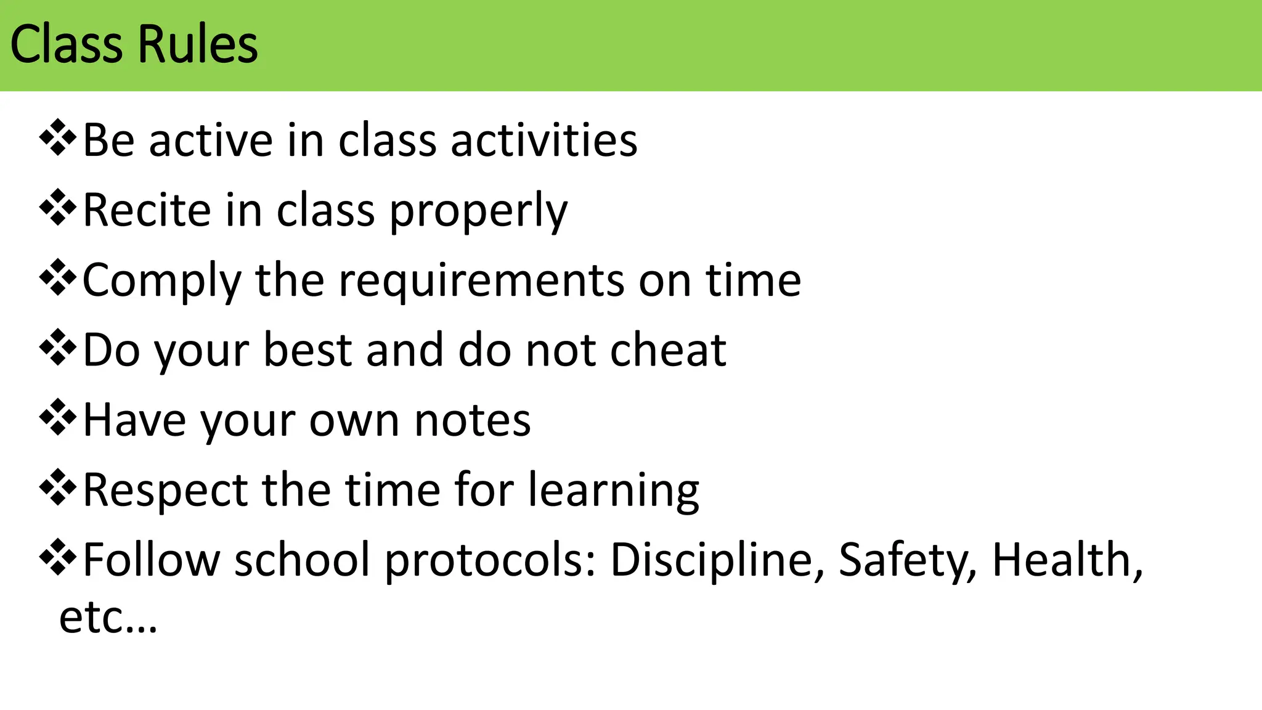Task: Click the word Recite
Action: (147, 210)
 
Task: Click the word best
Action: (307, 350)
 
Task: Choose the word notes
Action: (472, 420)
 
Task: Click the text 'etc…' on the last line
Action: (108, 618)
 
